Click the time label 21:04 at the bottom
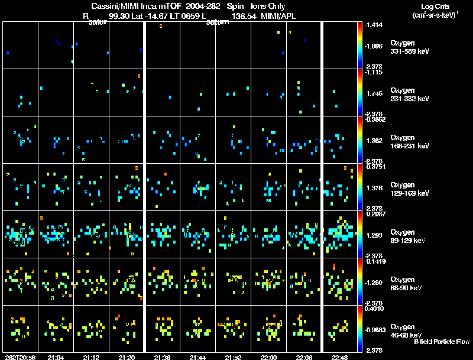point(56,357)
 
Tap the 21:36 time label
point(163,357)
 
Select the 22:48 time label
point(339,357)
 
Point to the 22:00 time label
point(268,357)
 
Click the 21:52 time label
point(233,357)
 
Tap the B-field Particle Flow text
point(441,342)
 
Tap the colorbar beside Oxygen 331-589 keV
point(361,45)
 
